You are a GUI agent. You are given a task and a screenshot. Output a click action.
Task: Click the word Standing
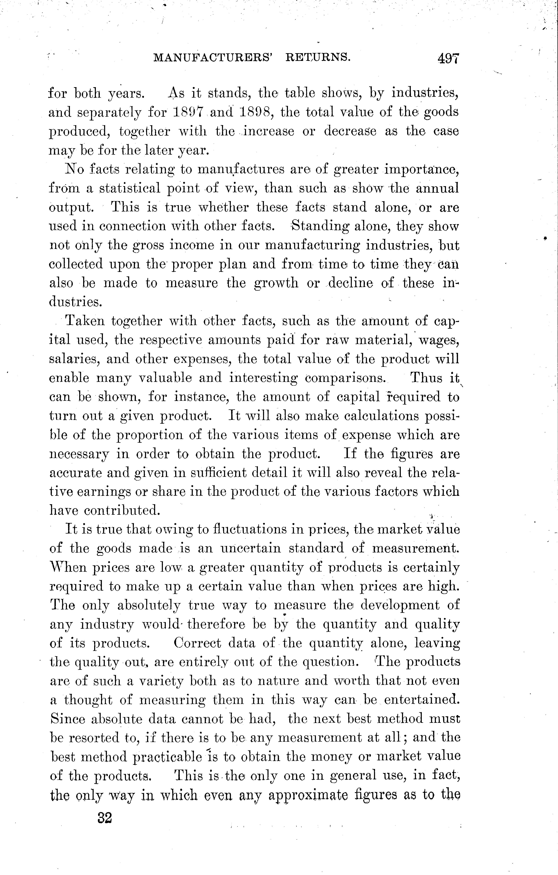coord(319,226)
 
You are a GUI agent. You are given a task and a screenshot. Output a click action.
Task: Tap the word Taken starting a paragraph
coord(84,321)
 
